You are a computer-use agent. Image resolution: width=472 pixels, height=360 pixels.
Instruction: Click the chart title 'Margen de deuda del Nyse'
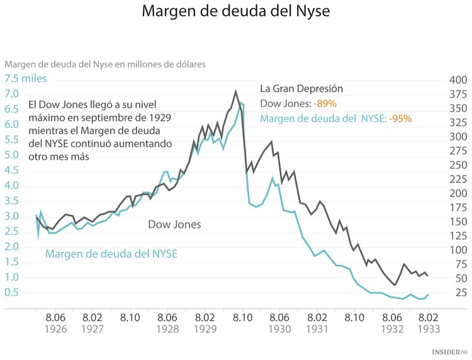(235, 12)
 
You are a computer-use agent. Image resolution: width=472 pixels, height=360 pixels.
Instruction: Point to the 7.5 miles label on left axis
(26, 79)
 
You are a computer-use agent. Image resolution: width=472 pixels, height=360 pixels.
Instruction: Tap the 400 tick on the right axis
(457, 80)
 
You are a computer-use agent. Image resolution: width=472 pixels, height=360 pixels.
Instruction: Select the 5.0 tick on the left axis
(12, 155)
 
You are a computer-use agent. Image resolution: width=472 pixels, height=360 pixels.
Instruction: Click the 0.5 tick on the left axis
(12, 293)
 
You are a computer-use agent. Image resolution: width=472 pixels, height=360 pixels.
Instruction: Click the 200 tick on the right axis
(457, 193)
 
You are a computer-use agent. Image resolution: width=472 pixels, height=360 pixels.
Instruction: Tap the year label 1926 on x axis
(56, 329)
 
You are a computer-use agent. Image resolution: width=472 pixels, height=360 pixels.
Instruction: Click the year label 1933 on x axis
(429, 329)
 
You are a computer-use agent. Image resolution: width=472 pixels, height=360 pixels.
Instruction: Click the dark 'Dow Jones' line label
(174, 224)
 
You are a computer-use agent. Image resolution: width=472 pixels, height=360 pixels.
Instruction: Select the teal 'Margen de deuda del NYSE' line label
(111, 254)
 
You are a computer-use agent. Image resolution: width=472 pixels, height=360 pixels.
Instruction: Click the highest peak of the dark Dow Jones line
(235, 91)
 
